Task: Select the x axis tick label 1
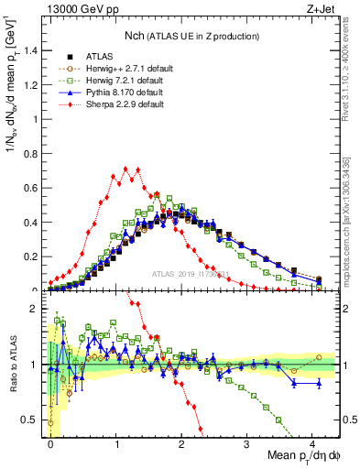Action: point(116,443)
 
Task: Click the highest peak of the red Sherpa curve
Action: point(117,169)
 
